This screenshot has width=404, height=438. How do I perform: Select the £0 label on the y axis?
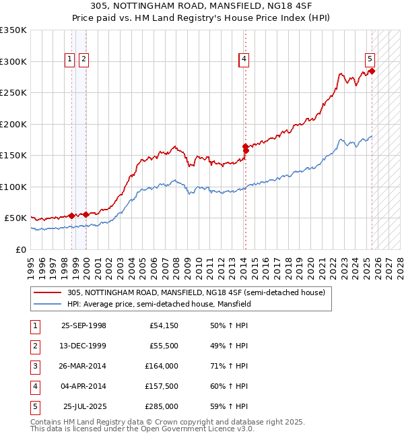coord(22,249)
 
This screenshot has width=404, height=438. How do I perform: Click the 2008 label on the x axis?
coord(176,263)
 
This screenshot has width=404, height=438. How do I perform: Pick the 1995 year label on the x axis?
coord(31,263)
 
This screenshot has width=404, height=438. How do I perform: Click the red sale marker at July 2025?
coord(372,71)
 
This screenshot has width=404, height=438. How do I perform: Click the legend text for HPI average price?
coord(159,304)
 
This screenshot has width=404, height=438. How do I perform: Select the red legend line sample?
coord(47,292)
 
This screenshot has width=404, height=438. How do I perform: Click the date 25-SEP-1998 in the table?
coord(83,325)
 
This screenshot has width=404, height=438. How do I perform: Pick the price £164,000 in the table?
coord(162,366)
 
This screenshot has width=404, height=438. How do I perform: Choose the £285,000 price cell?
coord(162,406)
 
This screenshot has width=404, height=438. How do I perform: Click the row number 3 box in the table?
coord(34,366)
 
